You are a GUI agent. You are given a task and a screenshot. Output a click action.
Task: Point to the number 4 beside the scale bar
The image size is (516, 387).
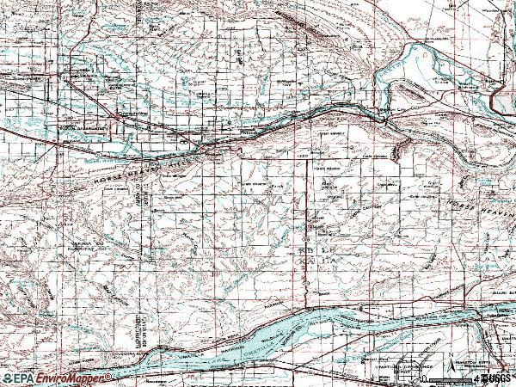[x=476, y=378]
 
